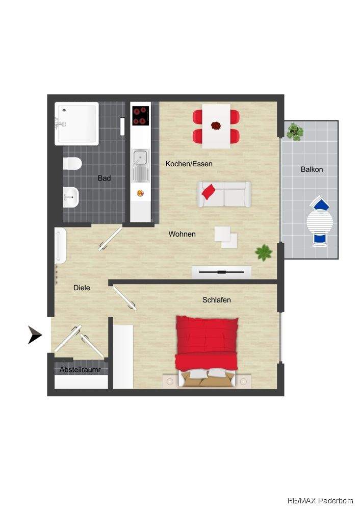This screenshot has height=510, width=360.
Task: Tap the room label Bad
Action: coord(105,178)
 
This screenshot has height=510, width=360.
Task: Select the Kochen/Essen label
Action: coord(189,164)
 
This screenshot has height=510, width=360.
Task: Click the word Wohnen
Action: coord(182,234)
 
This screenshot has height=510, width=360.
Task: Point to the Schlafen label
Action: coord(217,300)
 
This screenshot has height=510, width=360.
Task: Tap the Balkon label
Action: coord(312,169)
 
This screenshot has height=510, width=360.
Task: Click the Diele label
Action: coord(82,288)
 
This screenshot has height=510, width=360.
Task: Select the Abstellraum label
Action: coord(80,370)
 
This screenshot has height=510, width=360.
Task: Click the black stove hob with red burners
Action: coord(141,116)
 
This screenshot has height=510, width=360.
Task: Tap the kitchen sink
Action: coord(141,166)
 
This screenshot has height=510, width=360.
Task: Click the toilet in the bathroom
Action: coord(71,164)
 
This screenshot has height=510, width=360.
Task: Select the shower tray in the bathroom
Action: coord(76,123)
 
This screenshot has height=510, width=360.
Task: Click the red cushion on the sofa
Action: coord(208,192)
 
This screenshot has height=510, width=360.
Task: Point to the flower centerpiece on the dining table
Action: coord(216,125)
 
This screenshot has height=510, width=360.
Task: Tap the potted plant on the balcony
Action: coord(295,132)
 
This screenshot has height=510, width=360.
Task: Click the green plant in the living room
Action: coord(264,252)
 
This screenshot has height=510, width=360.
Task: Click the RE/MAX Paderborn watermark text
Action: coord(320,501)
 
